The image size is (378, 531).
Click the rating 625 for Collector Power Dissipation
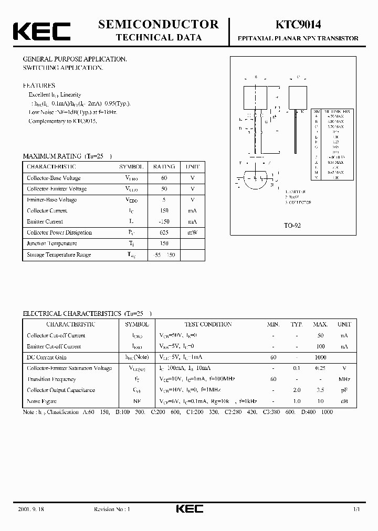(x=164, y=232)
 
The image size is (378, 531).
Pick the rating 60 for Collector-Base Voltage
(x=164, y=178)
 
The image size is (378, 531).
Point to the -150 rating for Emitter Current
(x=164, y=221)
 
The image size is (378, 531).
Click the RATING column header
(x=164, y=166)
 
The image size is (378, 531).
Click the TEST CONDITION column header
(x=208, y=324)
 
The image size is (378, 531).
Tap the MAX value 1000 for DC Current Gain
(x=320, y=357)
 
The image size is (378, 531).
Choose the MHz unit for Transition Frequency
(x=344, y=379)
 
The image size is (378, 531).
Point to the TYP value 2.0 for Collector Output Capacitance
(x=297, y=390)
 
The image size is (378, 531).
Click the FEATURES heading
(x=39, y=85)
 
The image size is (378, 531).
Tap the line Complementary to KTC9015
(x=63, y=121)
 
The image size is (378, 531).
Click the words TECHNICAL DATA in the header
(x=158, y=37)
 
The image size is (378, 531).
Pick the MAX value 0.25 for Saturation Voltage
(x=320, y=368)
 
